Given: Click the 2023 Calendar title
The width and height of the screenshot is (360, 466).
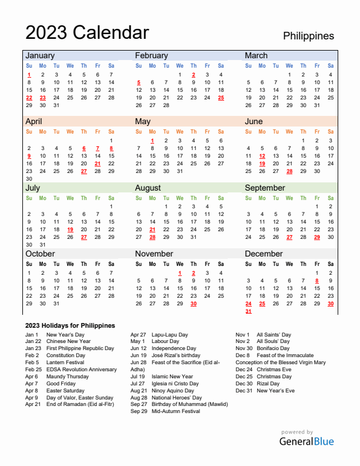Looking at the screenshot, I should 87,32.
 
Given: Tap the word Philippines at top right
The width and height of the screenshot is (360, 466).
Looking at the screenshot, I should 308,36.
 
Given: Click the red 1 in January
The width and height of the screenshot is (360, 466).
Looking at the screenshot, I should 29,75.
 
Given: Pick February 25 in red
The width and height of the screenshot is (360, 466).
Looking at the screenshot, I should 221,98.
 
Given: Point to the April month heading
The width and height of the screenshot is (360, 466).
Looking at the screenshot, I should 34,121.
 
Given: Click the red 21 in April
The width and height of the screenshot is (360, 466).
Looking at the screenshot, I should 98,164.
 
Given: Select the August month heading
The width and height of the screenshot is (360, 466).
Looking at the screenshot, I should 148,188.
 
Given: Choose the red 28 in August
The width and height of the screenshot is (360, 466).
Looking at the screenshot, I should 152,237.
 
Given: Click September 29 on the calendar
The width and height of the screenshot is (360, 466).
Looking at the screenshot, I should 317,237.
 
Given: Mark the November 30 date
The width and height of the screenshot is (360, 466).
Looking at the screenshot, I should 194,304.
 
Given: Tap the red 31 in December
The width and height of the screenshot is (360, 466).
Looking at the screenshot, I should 249,311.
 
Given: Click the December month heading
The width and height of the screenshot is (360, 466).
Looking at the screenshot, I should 264,254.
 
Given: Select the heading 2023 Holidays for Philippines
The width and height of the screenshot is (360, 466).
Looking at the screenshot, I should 70,325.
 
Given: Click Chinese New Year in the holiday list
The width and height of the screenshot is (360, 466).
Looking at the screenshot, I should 68,341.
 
